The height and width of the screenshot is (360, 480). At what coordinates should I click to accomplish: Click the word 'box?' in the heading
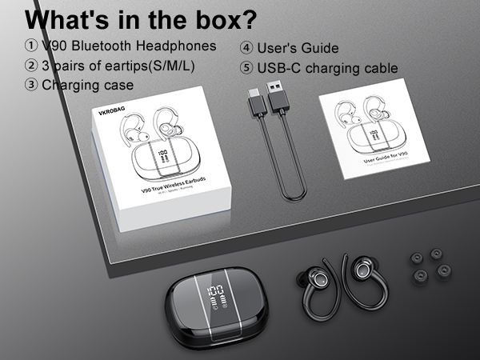(218, 20)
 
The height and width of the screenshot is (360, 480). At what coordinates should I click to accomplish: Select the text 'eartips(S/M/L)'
(147, 65)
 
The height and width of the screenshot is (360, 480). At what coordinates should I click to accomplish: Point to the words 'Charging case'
(87, 84)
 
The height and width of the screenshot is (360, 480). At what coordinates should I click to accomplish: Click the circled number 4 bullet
(246, 49)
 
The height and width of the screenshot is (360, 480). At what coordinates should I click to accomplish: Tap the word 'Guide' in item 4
(320, 49)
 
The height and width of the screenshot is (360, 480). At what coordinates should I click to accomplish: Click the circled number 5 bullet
(246, 68)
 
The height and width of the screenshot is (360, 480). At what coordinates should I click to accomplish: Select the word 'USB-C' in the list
(281, 68)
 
